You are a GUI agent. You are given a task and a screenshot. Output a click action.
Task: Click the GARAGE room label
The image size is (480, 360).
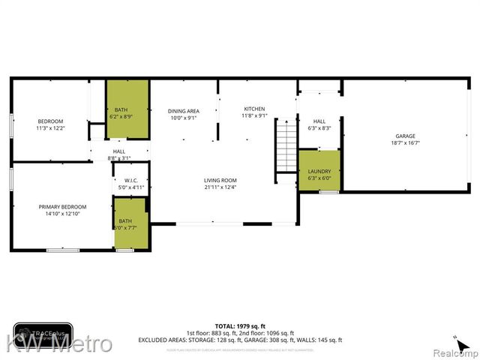pyautogui.click(x=405, y=136)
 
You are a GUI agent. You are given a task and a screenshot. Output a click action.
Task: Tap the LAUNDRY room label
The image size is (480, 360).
pyautogui.click(x=319, y=172)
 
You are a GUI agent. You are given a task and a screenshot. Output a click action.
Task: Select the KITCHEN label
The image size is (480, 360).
pyautogui.click(x=254, y=109)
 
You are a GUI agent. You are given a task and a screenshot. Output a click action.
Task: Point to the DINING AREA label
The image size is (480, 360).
pyautogui.click(x=183, y=111)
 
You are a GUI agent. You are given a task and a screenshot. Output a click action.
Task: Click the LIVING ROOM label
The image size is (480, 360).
pyautogui.click(x=220, y=180)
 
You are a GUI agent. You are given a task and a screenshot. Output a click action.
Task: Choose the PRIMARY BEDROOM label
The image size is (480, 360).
pyautogui.click(x=63, y=207)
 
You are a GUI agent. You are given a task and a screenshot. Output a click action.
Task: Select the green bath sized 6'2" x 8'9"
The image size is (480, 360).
pyautogui.click(x=127, y=109)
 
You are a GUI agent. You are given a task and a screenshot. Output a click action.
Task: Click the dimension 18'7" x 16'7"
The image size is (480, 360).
pyautogui.click(x=405, y=142)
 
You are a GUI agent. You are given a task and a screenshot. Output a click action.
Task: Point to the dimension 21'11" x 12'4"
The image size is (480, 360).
pyautogui.click(x=220, y=187)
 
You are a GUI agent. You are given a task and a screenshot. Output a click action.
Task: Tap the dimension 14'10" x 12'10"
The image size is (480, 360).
pyautogui.click(x=63, y=214)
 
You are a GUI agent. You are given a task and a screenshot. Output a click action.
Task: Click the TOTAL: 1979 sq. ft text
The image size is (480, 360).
pyautogui.click(x=239, y=326)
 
